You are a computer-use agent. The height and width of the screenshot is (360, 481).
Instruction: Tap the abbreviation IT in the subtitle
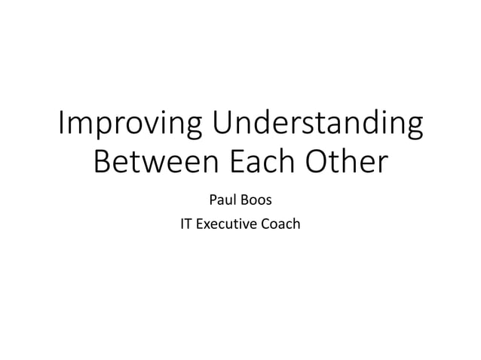tap(185, 224)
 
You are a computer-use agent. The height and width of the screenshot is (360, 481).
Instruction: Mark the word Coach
tap(280, 224)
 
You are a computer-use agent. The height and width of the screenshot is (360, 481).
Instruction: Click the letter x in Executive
tap(208, 224)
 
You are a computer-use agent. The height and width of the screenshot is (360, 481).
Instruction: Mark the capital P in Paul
tap(211, 201)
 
